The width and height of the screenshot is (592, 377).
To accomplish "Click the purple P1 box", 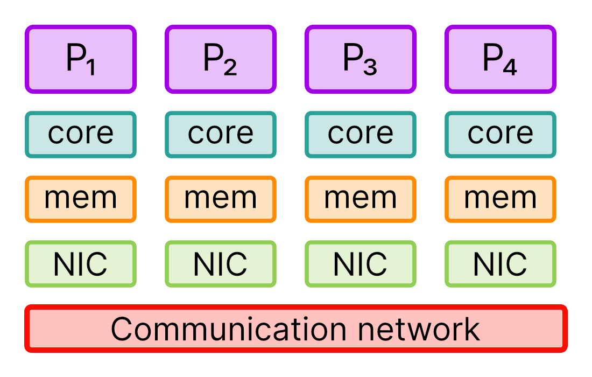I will [x=81, y=59].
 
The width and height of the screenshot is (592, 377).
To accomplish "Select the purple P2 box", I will [x=221, y=59].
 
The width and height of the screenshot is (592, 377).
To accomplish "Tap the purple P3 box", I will [x=361, y=59].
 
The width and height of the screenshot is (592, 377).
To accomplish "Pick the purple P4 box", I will [x=501, y=59].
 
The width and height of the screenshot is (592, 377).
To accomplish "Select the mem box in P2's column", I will [x=221, y=199].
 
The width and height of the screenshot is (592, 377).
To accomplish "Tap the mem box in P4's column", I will [x=501, y=199].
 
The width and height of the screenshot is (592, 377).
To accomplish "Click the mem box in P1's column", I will [x=81, y=199].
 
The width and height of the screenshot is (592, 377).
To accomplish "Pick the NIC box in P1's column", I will [x=81, y=264].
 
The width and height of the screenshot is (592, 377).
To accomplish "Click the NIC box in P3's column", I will [x=361, y=264].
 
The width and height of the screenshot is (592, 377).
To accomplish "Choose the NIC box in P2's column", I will [x=221, y=264].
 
